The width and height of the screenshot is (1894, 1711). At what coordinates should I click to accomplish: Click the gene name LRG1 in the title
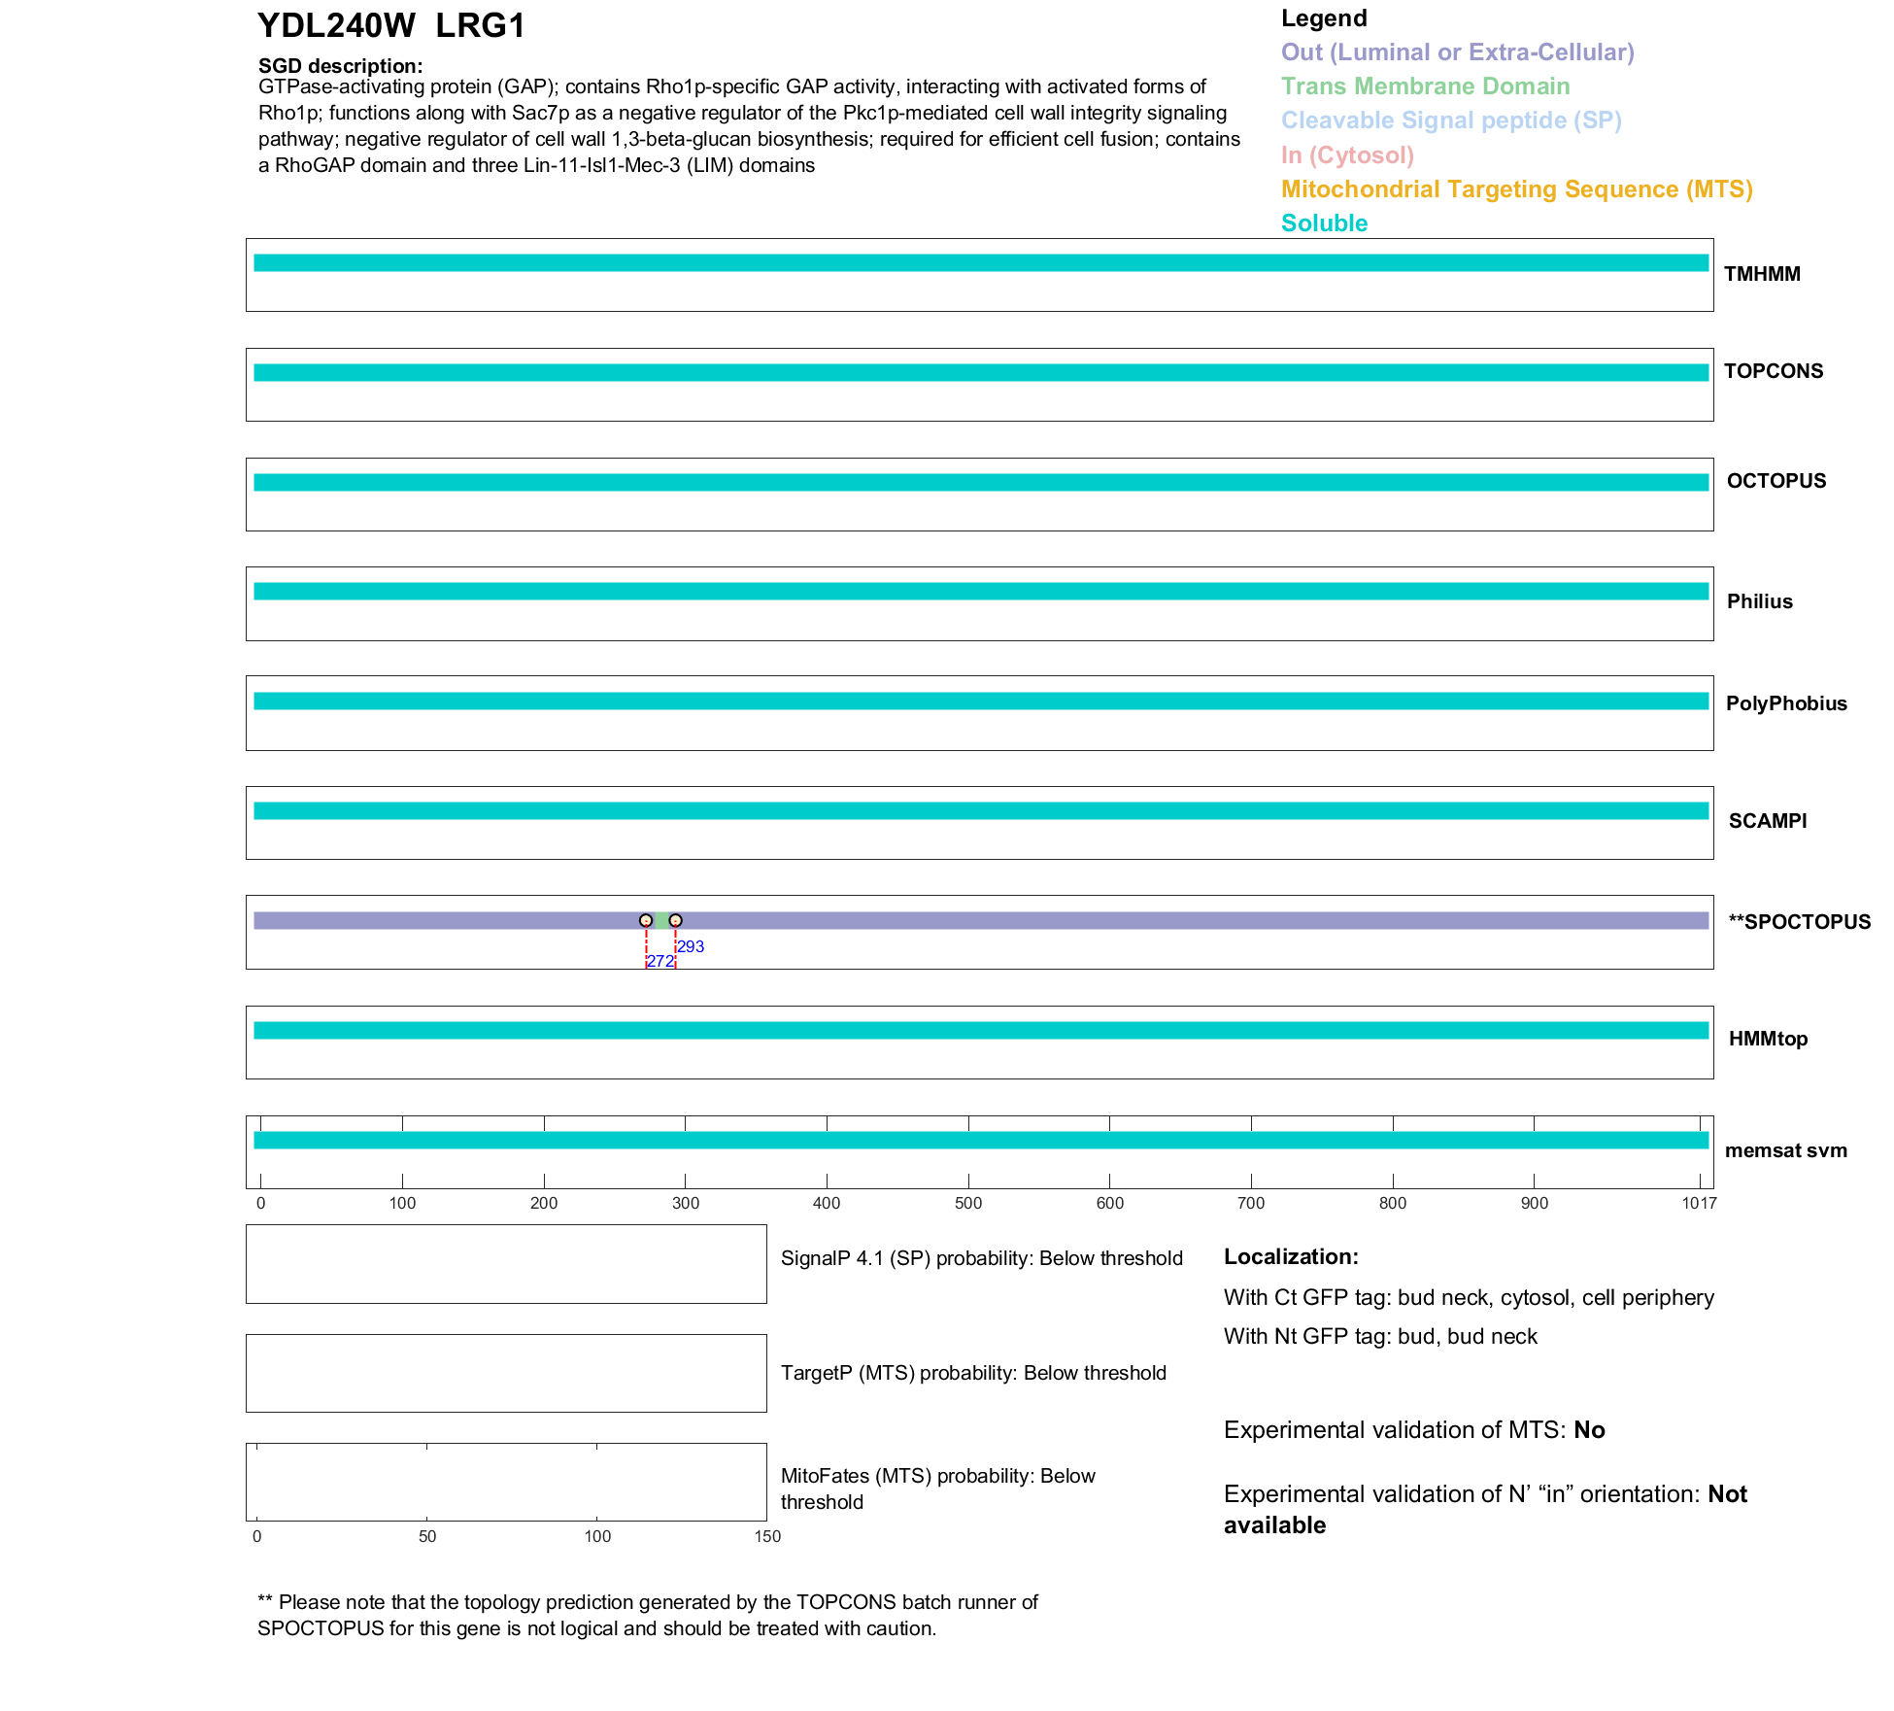pyautogui.click(x=480, y=26)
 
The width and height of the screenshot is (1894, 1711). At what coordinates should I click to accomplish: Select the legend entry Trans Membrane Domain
pyautogui.click(x=1425, y=86)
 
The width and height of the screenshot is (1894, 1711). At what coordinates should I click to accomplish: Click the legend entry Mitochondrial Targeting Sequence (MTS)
pyautogui.click(x=1516, y=189)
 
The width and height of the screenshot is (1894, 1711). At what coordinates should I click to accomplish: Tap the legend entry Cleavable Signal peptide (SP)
pyautogui.click(x=1451, y=120)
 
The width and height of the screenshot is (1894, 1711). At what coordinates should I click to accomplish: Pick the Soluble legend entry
pyautogui.click(x=1324, y=223)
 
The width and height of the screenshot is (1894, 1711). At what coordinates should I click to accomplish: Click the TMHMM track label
pyautogui.click(x=1762, y=274)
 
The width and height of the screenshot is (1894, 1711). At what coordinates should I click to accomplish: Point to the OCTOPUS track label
pyautogui.click(x=1776, y=481)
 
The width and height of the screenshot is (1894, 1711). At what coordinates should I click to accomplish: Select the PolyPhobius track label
pyautogui.click(x=1786, y=703)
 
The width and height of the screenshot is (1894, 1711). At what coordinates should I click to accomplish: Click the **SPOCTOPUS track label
pyautogui.click(x=1799, y=922)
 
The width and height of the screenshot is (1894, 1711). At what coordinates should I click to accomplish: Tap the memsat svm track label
pyautogui.click(x=1785, y=1150)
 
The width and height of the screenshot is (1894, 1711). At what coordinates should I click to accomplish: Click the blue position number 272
pyautogui.click(x=660, y=961)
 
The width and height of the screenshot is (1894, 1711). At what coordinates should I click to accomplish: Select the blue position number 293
pyautogui.click(x=691, y=946)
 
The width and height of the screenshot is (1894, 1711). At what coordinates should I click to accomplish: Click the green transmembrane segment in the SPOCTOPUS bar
pyautogui.click(x=661, y=920)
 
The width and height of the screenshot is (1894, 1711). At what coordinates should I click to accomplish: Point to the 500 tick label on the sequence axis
pyautogui.click(x=968, y=1203)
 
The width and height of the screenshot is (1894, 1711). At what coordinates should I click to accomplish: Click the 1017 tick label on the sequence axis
pyautogui.click(x=1699, y=1203)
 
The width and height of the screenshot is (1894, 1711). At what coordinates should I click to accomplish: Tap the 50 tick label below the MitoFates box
pyautogui.click(x=427, y=1536)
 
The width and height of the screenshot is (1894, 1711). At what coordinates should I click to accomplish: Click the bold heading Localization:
pyautogui.click(x=1291, y=1256)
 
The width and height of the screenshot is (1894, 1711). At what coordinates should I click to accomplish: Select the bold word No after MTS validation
pyautogui.click(x=1589, y=1429)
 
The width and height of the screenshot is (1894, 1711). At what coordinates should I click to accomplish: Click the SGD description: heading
pyautogui.click(x=340, y=66)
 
